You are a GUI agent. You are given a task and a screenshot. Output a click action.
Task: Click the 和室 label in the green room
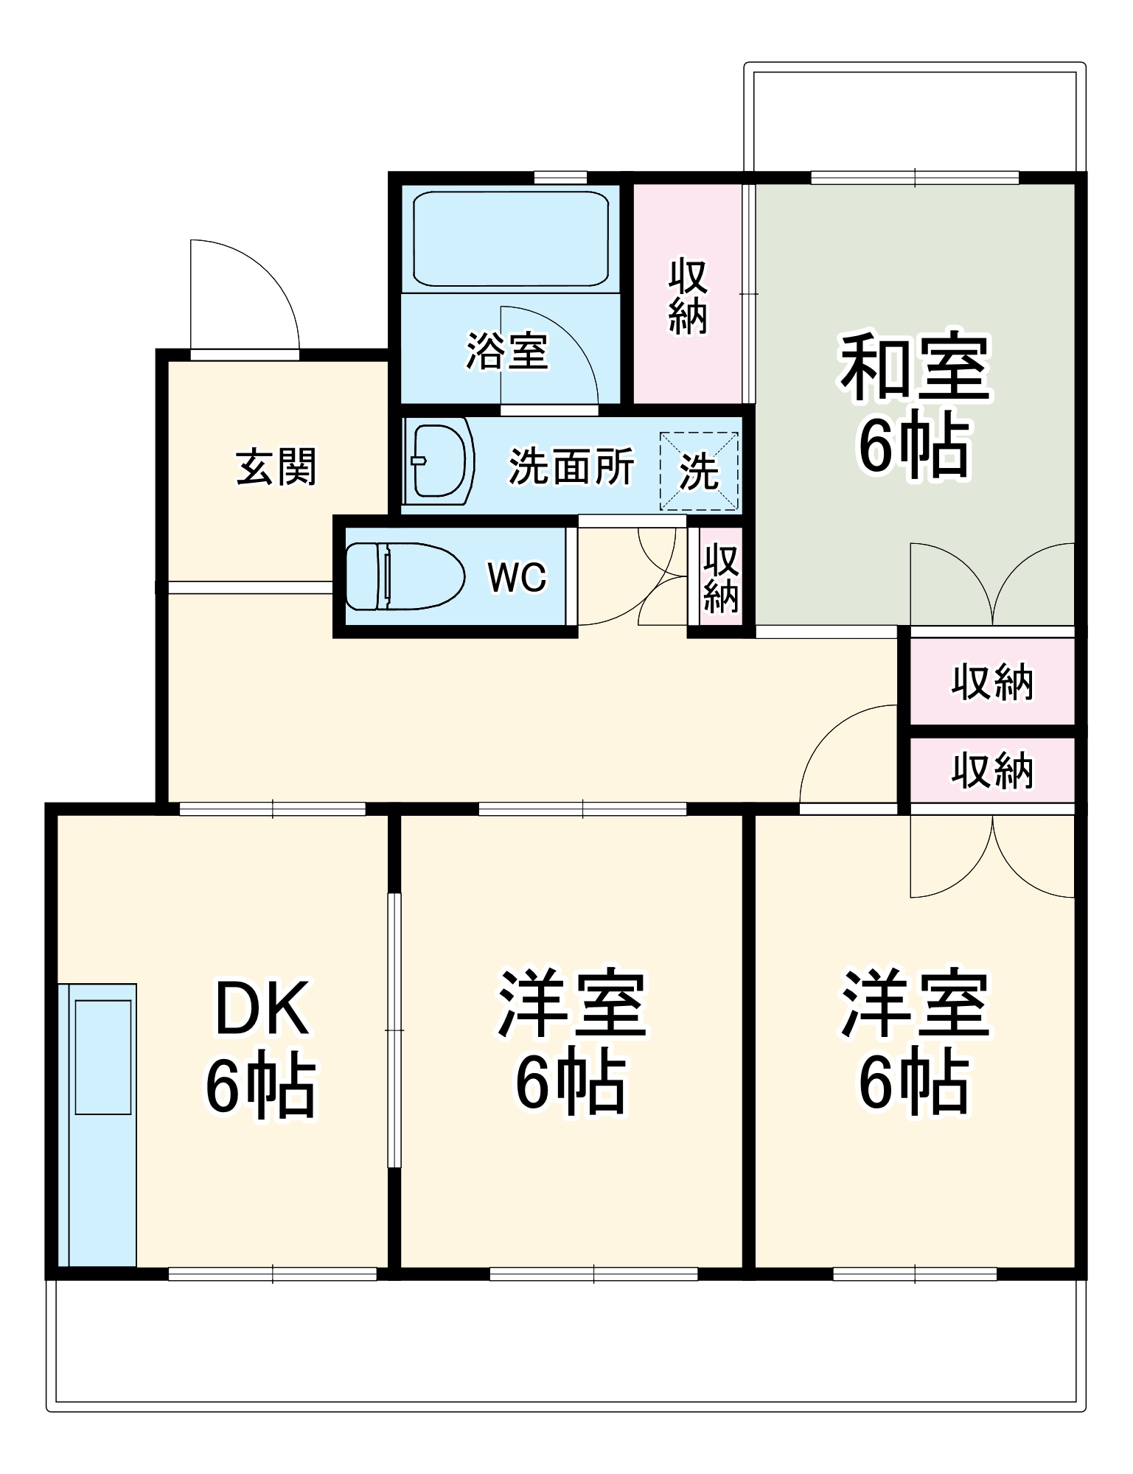pyautogui.click(x=914, y=366)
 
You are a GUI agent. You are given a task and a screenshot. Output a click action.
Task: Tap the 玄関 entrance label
pyautogui.click(x=276, y=467)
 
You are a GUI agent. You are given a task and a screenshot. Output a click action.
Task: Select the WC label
pyautogui.click(x=517, y=577)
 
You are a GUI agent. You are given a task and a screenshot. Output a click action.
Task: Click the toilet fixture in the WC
pyautogui.click(x=404, y=576)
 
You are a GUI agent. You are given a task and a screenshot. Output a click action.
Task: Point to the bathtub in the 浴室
pyautogui.click(x=511, y=238)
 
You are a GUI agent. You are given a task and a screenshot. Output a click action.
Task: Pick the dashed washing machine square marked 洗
pyautogui.click(x=699, y=471)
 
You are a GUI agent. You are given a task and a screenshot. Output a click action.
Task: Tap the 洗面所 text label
pyautogui.click(x=571, y=466)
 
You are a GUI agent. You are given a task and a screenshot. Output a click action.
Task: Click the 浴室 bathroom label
pyautogui.click(x=507, y=351)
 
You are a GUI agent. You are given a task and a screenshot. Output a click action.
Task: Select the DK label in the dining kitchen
pyautogui.click(x=261, y=1008)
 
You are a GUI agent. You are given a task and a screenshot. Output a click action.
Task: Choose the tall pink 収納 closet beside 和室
pyautogui.click(x=687, y=295)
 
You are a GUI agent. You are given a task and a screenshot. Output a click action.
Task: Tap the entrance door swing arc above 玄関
pyautogui.click(x=243, y=295)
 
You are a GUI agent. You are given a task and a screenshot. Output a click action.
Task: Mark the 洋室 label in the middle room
pyautogui.click(x=571, y=1004)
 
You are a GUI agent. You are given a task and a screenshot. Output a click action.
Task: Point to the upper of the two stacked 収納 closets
pyautogui.click(x=991, y=682)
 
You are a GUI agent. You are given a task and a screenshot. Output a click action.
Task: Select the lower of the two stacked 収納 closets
pyautogui.click(x=991, y=770)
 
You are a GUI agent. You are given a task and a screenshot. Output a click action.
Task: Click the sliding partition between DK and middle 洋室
pyautogui.click(x=394, y=1030)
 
